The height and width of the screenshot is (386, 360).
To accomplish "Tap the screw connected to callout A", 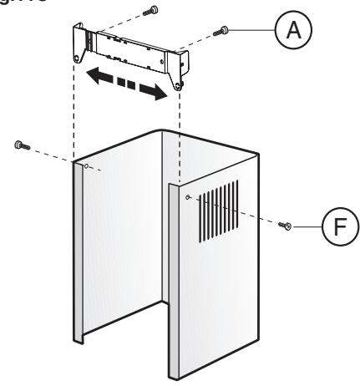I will coord(224,31).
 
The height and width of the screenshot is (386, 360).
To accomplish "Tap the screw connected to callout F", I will coord(286,226).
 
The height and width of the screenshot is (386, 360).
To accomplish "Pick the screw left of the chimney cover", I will coord(20,145).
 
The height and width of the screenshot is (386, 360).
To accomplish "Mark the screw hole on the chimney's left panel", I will coord(87,166).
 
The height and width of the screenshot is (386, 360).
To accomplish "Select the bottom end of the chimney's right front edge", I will coord(175,373).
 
